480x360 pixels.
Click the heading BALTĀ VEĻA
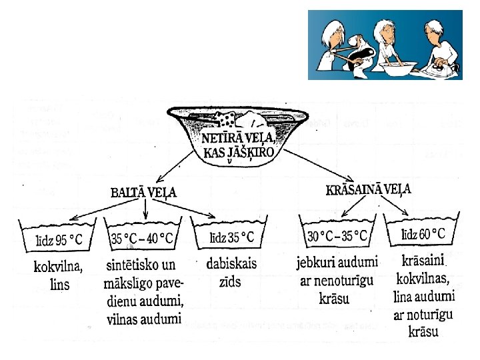tap(143, 193)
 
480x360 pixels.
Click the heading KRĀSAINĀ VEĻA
tap(368, 189)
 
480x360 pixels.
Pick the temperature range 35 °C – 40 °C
tap(143, 238)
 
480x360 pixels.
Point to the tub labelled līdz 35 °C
tap(232, 237)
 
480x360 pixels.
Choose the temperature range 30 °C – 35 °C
tap(337, 236)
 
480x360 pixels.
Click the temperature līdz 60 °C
tap(423, 234)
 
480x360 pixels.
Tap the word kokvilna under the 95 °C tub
tap(58, 268)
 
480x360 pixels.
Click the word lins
tap(58, 285)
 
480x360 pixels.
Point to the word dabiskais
tap(231, 264)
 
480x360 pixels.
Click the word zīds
tap(230, 282)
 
